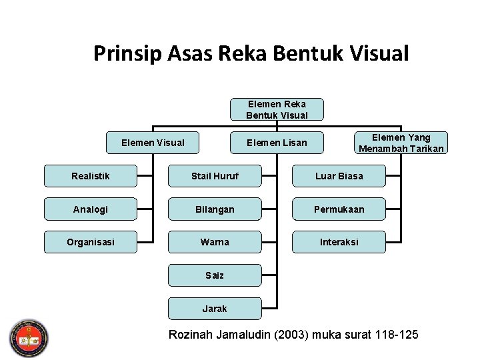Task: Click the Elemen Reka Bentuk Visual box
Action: click(277, 109)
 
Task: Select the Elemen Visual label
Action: click(153, 142)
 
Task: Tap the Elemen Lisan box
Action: click(277, 142)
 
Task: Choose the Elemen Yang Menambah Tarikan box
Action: click(401, 143)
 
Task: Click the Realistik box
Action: click(91, 176)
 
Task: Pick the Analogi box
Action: click(91, 209)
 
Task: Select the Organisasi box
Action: click(91, 242)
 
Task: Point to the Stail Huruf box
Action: click(215, 176)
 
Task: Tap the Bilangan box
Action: click(215, 209)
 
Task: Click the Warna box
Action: click(215, 242)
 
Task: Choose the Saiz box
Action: click(215, 275)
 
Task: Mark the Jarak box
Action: click(215, 309)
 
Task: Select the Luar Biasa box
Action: click(339, 176)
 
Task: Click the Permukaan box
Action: click(339, 209)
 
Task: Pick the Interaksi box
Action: click(339, 242)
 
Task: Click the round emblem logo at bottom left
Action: click(28, 338)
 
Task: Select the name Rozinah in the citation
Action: click(192, 334)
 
